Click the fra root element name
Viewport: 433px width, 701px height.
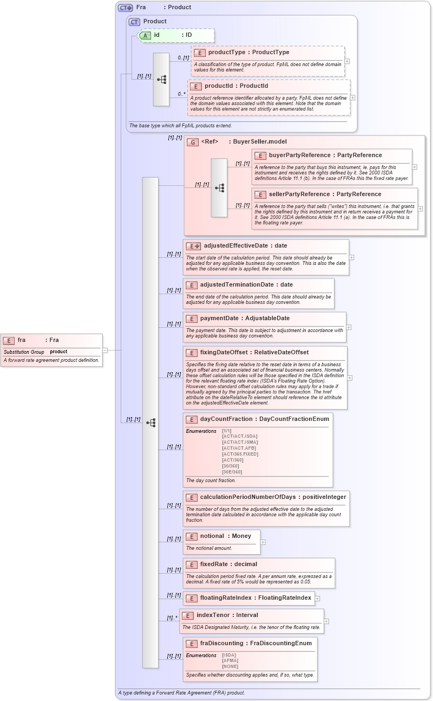[22, 340]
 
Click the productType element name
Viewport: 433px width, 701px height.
[226, 53]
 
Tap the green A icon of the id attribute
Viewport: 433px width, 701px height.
[145, 35]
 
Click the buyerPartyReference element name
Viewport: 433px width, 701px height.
[299, 155]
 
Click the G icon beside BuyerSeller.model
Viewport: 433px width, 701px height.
[193, 142]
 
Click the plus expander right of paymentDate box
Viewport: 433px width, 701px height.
[349, 327]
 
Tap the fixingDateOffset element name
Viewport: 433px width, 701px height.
[224, 353]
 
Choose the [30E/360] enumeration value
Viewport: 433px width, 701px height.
[232, 472]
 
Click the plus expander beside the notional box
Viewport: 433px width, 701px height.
[263, 542]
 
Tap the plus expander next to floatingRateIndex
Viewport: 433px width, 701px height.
[318, 599]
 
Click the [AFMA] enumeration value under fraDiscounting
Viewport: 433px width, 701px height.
[230, 661]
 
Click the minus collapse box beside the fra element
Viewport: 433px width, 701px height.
[105, 350]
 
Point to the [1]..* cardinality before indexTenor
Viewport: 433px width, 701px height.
[172, 618]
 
